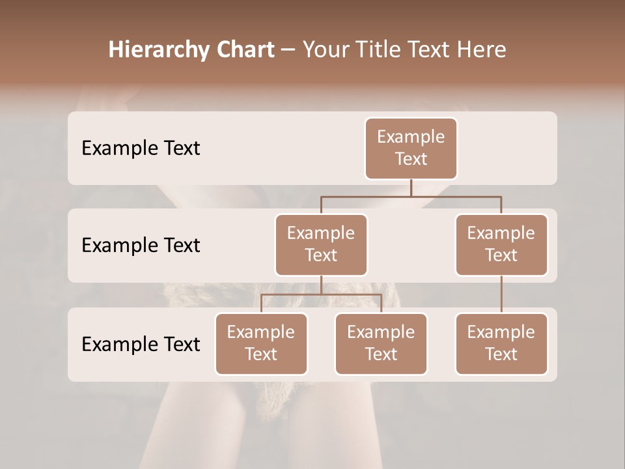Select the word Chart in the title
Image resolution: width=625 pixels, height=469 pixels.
242,50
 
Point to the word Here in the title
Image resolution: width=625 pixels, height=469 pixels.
480,50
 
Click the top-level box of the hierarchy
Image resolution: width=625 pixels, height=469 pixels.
411,148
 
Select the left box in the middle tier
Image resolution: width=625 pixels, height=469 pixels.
321,244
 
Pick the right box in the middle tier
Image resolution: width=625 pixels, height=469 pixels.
501,244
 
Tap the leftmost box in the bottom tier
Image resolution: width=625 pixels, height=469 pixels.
261,343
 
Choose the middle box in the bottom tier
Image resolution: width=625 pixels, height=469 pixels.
381,343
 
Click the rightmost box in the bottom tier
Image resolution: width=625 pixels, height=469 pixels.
501,343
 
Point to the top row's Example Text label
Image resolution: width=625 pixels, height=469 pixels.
141,148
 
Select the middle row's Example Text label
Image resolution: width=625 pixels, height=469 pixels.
141,245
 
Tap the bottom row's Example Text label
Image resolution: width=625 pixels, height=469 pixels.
141,344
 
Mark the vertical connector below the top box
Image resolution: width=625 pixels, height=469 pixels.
411,188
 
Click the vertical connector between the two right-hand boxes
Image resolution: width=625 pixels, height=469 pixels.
501,294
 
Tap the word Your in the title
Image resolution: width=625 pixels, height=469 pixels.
325,50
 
